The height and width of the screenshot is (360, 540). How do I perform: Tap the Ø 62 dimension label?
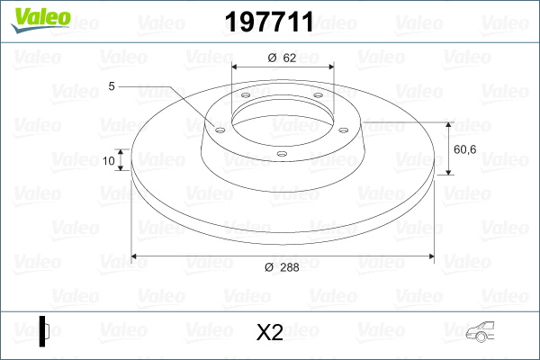pos(283,58)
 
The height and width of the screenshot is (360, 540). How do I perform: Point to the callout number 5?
pos(112,86)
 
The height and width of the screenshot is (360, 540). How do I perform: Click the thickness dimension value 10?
pos(109,161)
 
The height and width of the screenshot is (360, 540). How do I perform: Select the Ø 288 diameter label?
pos(283,266)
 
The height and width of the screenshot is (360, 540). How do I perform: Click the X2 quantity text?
pos(270,333)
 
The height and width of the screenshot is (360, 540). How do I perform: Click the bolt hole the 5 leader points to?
pos(219,129)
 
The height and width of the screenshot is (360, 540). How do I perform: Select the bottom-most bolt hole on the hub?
pos(281,154)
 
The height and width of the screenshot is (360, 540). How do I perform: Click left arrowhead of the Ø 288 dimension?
pos(136,256)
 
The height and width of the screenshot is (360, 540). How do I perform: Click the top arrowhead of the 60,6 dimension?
pos(448,124)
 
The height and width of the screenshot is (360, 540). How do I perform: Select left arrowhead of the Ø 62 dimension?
pos(235,67)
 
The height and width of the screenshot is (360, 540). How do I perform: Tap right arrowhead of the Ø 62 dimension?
pos(330,67)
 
